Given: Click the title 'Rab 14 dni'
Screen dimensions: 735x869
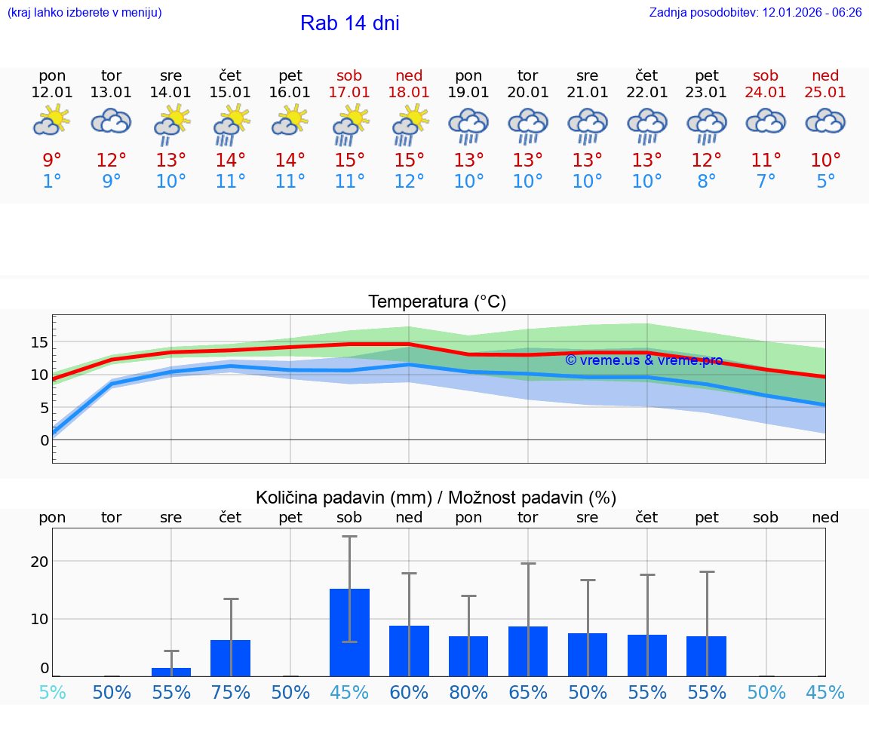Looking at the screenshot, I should pyautogui.click(x=349, y=23).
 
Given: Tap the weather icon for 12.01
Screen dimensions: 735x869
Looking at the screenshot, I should pyautogui.click(x=51, y=121).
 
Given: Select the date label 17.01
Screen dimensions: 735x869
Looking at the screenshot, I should pyautogui.click(x=349, y=93).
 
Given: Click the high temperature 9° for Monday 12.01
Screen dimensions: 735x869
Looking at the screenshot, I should pyautogui.click(x=51, y=161).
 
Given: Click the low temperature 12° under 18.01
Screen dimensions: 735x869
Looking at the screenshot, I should pyautogui.click(x=408, y=182).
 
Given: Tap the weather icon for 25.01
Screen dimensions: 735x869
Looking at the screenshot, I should pyautogui.click(x=825, y=121).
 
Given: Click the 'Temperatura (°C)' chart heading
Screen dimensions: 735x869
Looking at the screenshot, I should pyautogui.click(x=437, y=302).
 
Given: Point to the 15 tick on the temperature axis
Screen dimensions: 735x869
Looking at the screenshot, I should pyautogui.click(x=39, y=342).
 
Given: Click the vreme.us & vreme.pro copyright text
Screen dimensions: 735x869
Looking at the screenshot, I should pyautogui.click(x=643, y=360).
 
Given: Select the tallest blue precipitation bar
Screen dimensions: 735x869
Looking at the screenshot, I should pyautogui.click(x=349, y=632).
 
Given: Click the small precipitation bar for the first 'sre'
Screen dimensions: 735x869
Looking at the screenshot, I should pyautogui.click(x=171, y=671).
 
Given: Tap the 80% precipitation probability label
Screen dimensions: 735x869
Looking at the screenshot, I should pyautogui.click(x=468, y=693).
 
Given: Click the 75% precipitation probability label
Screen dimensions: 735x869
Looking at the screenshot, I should pyautogui.click(x=230, y=693).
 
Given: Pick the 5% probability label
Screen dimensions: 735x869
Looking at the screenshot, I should pyautogui.click(x=52, y=693).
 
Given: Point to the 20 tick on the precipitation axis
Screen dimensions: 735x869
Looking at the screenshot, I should pyautogui.click(x=39, y=562).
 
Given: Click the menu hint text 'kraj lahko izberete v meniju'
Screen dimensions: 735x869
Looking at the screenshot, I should pyautogui.click(x=84, y=13).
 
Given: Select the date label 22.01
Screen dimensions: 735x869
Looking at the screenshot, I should pyautogui.click(x=646, y=93).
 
